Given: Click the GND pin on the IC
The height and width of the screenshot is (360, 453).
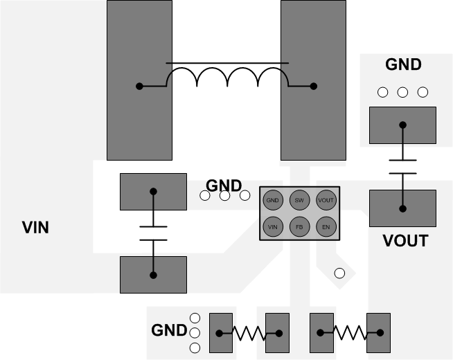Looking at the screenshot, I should click(x=272, y=200).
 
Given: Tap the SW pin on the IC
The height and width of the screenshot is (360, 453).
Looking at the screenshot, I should click(x=299, y=200).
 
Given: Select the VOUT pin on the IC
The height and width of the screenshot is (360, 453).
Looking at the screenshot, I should click(x=326, y=200).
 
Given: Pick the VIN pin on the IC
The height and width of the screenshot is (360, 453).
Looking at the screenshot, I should click(x=272, y=226).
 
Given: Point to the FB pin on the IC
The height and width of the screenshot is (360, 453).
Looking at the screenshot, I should click(x=299, y=226).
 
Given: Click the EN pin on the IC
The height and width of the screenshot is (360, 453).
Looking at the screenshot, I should click(x=326, y=226).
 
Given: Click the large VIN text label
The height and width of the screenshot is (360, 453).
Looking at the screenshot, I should click(x=35, y=227).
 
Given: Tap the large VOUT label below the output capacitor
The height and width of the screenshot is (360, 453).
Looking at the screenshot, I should click(x=405, y=241).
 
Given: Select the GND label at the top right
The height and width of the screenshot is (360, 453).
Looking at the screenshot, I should click(x=403, y=64).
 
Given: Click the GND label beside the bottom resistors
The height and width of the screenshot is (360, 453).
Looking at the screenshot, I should click(x=169, y=330).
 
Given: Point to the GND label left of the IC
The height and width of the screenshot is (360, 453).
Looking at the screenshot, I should click(x=224, y=186).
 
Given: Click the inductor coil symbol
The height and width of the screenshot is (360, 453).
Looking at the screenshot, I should click(x=226, y=78).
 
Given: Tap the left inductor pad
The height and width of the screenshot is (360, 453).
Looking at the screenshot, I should click(x=139, y=80).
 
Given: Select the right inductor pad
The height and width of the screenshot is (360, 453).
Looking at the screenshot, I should click(x=312, y=80).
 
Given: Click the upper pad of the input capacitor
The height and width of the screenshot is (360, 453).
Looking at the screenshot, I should click(x=153, y=192).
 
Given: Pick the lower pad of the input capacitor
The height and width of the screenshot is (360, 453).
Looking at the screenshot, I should click(x=153, y=274).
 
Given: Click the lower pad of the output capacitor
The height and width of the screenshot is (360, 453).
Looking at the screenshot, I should click(x=402, y=208).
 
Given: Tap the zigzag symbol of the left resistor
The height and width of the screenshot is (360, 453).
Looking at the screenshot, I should click(x=249, y=333).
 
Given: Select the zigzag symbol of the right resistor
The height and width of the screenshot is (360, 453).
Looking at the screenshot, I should click(x=350, y=333).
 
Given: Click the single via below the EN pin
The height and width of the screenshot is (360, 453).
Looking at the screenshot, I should click(x=339, y=273).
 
